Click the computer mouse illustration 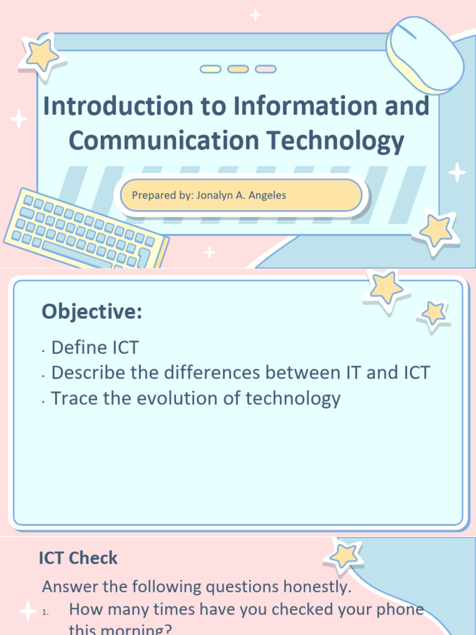425,53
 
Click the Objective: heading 92,312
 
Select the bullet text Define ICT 95,347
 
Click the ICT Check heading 78,558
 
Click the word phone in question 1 397,610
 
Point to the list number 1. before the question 45,613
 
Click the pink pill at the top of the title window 266,69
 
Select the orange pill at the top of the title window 238,69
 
